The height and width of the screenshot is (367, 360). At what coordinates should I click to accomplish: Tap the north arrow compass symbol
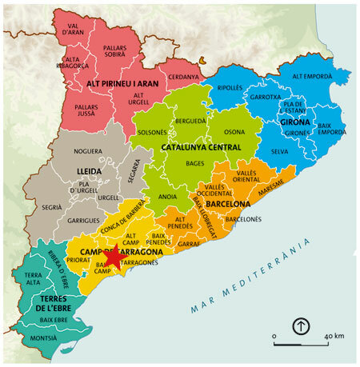click(300, 326)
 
